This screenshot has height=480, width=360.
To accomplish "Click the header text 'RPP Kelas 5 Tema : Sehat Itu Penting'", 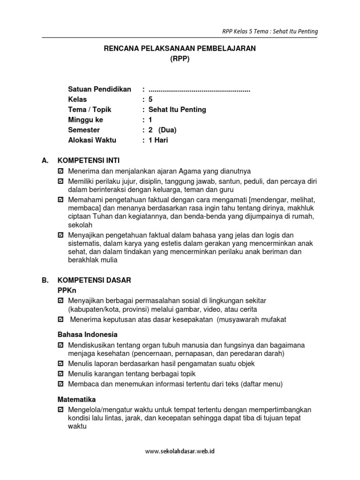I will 270,31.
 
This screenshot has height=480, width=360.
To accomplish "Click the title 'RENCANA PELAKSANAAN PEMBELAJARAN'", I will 180,49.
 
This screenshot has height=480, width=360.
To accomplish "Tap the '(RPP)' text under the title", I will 180,59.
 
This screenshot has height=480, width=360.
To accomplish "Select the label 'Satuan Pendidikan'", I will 99,89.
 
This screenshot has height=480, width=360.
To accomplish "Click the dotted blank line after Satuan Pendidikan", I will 199,90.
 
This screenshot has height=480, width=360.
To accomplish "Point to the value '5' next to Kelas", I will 150,99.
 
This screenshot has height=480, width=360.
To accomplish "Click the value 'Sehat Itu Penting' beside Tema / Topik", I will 177,110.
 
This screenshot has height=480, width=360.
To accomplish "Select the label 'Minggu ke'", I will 85,120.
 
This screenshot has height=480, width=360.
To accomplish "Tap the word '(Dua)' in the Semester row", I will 167,130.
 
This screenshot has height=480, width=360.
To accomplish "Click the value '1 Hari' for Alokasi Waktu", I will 158,140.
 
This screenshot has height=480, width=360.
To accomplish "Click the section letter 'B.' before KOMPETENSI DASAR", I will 45,280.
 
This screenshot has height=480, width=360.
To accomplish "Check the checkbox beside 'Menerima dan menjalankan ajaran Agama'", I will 60,171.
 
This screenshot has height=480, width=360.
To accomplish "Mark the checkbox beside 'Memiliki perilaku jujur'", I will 60,181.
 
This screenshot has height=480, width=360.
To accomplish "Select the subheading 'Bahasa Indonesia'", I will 87,335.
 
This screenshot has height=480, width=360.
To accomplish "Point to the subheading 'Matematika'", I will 76,399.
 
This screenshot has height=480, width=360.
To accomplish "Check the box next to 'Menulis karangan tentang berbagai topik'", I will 60,374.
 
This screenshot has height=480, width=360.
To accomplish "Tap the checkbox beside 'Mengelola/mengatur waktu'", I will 60,410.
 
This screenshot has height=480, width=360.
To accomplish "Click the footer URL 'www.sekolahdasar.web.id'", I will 180,451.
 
